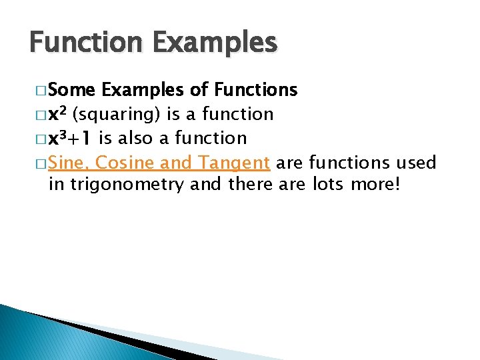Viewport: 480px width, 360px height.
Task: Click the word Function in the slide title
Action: click(80, 43)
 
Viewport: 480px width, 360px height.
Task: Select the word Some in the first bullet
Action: click(72, 89)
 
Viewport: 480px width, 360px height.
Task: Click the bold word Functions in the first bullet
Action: click(255, 89)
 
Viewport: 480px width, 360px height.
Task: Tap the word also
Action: click(136, 138)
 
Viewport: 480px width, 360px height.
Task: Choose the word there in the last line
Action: click(250, 185)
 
